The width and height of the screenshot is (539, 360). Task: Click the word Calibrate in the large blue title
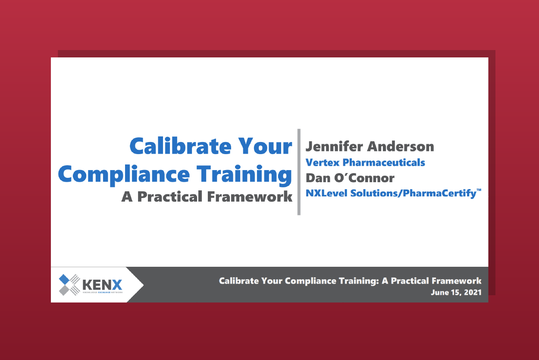pos(181,146)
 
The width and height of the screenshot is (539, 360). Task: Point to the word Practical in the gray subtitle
pos(169,197)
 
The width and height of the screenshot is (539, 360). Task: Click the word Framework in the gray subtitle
pos(250,197)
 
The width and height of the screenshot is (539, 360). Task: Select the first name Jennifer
pos(334,146)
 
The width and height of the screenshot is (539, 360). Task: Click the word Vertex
pos(323,163)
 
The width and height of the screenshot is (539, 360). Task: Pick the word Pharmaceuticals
pos(384,163)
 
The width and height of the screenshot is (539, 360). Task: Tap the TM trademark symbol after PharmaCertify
pos(479,190)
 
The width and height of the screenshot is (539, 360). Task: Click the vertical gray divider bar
pos(299,172)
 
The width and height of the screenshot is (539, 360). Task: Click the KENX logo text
pos(102,285)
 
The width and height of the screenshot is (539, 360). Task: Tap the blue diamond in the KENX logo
pos(64,279)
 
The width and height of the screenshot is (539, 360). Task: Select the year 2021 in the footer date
pos(473,292)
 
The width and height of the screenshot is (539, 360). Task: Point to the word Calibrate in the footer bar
pos(239,281)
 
